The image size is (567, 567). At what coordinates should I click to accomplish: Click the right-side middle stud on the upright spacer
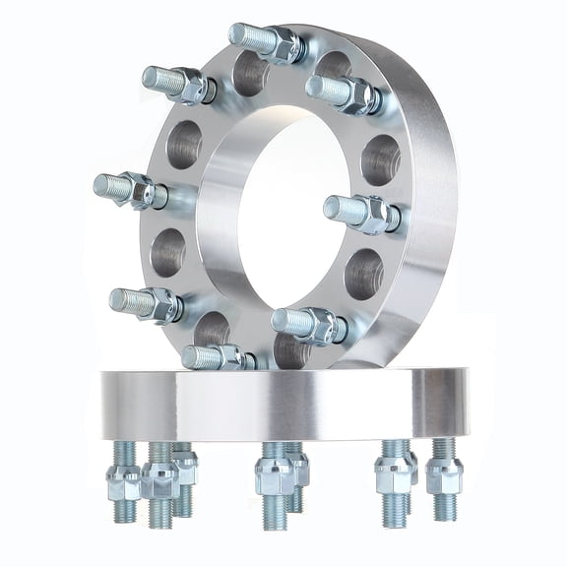(356, 210)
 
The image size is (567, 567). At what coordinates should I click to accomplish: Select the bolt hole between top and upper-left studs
(249, 74)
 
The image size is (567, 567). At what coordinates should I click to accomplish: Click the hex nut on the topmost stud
(283, 45)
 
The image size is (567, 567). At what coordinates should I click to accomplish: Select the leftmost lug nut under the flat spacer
(124, 481)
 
